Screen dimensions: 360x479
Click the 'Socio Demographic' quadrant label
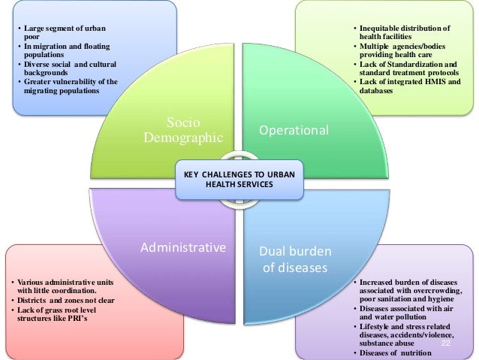(183, 129)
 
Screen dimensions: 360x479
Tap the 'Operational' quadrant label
(294, 130)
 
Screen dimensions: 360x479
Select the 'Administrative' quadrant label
(183, 247)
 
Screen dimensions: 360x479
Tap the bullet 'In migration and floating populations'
(62, 51)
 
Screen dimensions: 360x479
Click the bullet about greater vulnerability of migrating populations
(67, 86)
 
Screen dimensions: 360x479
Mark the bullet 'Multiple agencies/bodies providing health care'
(402, 51)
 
